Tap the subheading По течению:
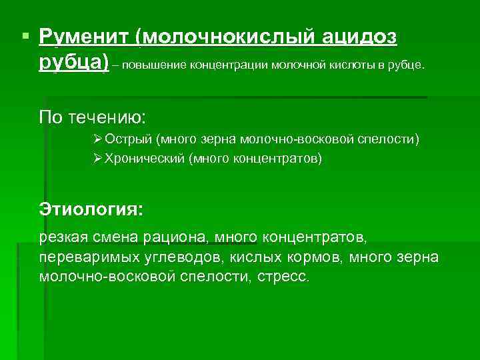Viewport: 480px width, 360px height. [x=92, y=117]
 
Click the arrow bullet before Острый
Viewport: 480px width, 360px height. [x=99, y=140]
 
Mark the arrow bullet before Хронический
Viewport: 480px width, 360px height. [x=99, y=159]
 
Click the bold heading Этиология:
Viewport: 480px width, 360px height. [x=91, y=209]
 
